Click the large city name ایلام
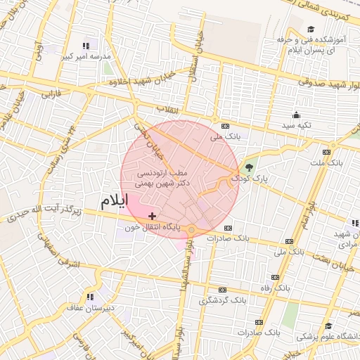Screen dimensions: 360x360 (115, 201)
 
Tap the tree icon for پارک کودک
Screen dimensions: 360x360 (247, 167)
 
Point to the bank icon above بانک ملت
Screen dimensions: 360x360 (326, 151)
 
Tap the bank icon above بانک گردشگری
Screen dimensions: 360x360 (222, 290)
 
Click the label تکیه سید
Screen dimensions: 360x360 (297, 125)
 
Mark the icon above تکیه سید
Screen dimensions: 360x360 (297, 115)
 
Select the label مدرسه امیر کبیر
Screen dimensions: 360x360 (86, 56)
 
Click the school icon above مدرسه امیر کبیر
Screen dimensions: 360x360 (86, 45)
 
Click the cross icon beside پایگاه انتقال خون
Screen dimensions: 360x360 (153, 216)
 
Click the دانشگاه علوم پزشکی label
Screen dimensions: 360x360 (328, 337)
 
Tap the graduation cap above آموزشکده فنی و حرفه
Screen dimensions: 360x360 (310, 30)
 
